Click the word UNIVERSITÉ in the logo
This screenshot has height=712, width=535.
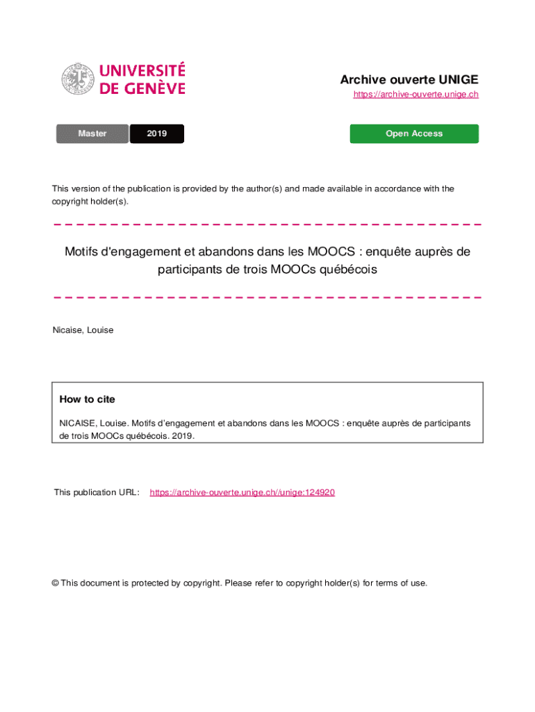(x=142, y=71)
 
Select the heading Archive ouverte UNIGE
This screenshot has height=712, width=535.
(x=409, y=79)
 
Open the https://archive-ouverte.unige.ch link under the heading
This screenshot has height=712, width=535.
(x=415, y=95)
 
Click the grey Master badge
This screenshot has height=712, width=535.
(x=92, y=133)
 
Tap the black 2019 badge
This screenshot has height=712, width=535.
(x=157, y=133)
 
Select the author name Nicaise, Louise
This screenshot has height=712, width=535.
(x=83, y=330)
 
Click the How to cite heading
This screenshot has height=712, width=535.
(x=88, y=399)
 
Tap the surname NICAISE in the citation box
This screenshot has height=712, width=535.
(x=76, y=423)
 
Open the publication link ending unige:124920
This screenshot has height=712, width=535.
(x=242, y=492)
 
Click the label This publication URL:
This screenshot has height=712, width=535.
(x=97, y=492)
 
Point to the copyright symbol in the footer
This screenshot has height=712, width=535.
(x=55, y=583)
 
